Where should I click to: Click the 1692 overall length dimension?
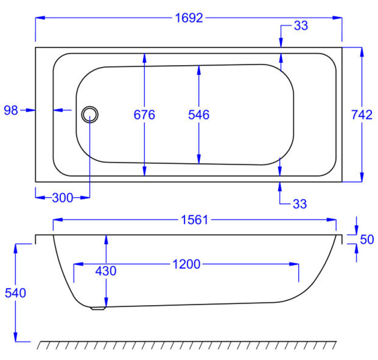[x=189, y=18]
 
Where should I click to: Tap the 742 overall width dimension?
[x=362, y=115]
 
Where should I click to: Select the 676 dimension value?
[x=144, y=115]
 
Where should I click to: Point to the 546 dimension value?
[x=199, y=115]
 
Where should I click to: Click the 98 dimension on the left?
[x=11, y=110]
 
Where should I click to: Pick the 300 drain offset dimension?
[x=63, y=198]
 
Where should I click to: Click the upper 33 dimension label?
[x=301, y=25]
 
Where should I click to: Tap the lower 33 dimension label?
[x=300, y=204]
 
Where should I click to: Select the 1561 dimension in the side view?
[x=195, y=220]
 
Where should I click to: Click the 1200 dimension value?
[x=187, y=264]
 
